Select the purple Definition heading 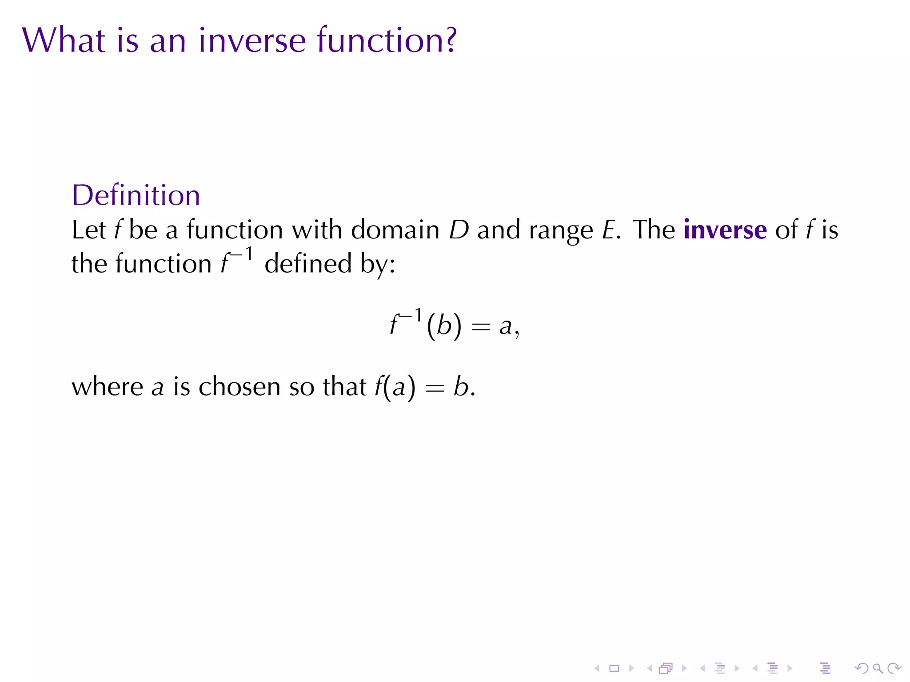point(136,195)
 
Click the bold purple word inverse point(725,230)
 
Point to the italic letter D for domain point(459,230)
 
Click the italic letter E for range point(608,230)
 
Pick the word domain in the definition point(395,230)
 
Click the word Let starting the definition point(88,230)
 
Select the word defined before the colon point(308,264)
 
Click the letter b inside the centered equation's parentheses point(444,325)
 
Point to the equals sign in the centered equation point(481,327)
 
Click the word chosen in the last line point(239,386)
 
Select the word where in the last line point(107,386)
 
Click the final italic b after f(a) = point(461,386)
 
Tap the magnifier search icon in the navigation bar point(878,668)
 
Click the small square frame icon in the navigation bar point(614,668)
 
